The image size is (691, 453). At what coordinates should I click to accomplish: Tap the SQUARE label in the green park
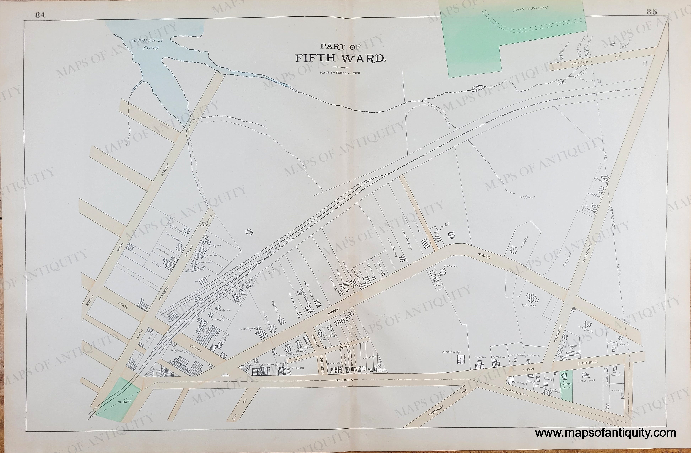pos(124,402)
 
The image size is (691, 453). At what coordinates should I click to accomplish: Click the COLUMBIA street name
pos(344,380)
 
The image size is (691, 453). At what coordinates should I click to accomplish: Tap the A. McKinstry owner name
pos(452,352)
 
